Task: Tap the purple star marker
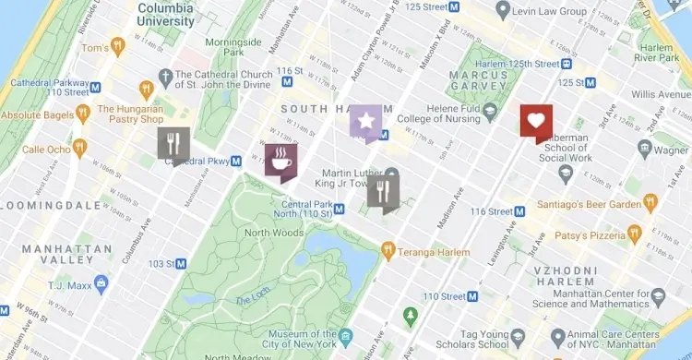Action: [365, 122]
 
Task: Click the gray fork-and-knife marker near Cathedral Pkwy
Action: [173, 144]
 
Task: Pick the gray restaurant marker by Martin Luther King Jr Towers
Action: [383, 193]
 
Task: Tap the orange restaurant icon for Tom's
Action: [117, 46]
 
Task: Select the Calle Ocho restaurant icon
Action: [79, 148]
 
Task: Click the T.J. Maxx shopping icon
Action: [101, 283]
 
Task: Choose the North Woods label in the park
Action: [274, 233]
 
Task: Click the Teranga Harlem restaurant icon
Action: [388, 248]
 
